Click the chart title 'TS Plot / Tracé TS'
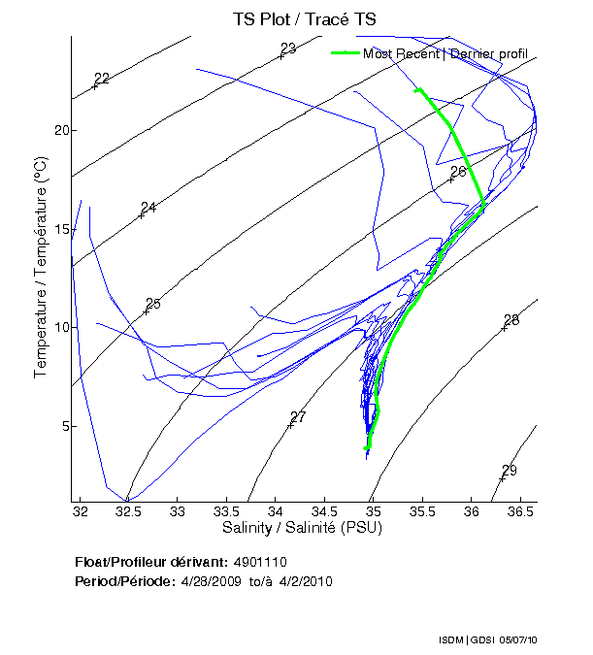pyautogui.click(x=303, y=18)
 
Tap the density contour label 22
pyautogui.click(x=102, y=79)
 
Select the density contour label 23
pyautogui.click(x=288, y=49)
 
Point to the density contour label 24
pyautogui.click(x=148, y=208)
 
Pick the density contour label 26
pyautogui.click(x=458, y=172)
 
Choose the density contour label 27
pyautogui.click(x=298, y=417)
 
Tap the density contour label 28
pyautogui.click(x=511, y=320)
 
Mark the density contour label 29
pyautogui.click(x=509, y=471)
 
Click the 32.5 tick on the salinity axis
pyautogui.click(x=128, y=511)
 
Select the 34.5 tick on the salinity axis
pyautogui.click(x=324, y=511)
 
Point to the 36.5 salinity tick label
pyautogui.click(x=520, y=511)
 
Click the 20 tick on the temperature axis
pyautogui.click(x=59, y=130)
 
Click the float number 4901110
pyautogui.click(x=260, y=563)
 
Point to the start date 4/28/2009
pyautogui.click(x=211, y=581)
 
